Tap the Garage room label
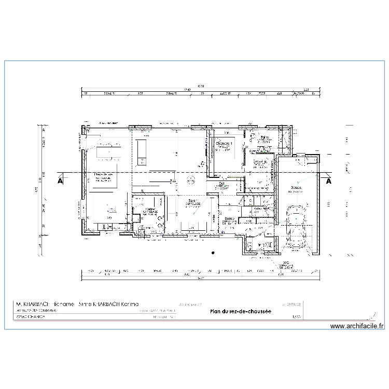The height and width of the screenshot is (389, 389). tap(296, 188)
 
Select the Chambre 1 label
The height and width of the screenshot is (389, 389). tap(224, 143)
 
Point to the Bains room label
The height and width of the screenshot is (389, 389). tap(264, 138)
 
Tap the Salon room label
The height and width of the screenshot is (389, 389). tap(193, 201)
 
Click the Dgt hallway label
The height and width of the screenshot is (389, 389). tap(222, 184)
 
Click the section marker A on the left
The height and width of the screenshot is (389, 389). tap(60, 182)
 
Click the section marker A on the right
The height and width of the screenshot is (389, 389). tap(328, 182)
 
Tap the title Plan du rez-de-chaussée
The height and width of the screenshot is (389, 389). tap(241, 311)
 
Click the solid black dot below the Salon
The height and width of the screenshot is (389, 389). tap(213, 253)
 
